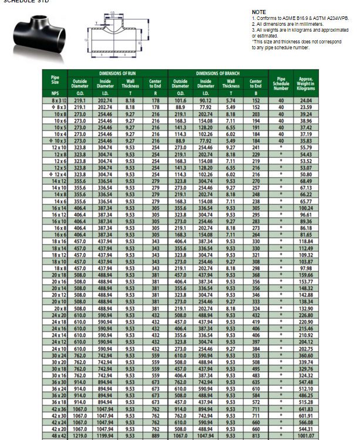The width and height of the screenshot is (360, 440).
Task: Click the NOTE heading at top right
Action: click(259, 12)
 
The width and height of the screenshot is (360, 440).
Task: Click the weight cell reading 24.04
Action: click(306, 101)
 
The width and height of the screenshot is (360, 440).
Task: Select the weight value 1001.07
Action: click(306, 436)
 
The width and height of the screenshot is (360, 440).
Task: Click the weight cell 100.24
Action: click(306, 208)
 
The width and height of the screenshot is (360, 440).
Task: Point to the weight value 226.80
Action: click(306, 314)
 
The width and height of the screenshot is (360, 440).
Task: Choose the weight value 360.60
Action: click(306, 355)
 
